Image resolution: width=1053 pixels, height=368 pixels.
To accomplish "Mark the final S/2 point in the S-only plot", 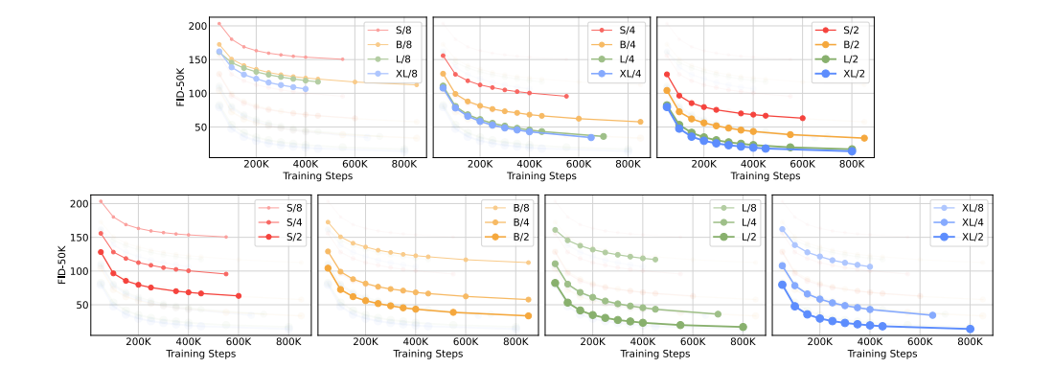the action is pyautogui.click(x=239, y=296).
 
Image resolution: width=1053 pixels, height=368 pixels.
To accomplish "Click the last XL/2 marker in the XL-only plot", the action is pyautogui.click(x=970, y=329).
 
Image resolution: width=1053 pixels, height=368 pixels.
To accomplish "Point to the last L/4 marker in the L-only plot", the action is pyautogui.click(x=718, y=314).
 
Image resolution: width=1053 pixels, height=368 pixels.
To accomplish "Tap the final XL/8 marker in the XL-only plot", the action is pyautogui.click(x=870, y=266).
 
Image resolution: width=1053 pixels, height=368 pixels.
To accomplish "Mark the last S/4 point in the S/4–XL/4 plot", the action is pyautogui.click(x=566, y=96).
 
